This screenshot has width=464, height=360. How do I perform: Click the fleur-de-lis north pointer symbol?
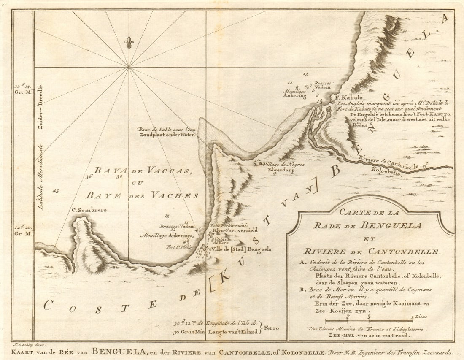pos(129,42)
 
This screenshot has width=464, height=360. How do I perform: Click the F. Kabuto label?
pos(343,97)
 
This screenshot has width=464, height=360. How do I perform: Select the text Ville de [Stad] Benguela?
pos(241,249)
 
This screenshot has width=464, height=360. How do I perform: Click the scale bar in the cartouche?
pos(369,321)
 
